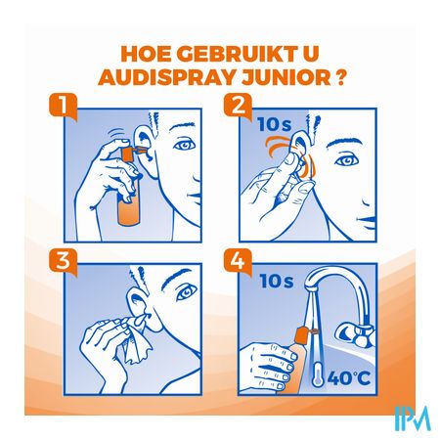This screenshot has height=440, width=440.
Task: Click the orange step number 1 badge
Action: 64,106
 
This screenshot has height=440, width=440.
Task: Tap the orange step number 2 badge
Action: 238,106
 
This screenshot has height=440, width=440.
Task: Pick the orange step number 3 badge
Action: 64,261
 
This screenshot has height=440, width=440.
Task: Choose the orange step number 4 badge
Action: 238,261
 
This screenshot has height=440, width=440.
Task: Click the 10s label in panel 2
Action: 274,124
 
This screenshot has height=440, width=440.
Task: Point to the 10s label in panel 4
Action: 277,281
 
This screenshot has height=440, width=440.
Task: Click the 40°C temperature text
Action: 348,377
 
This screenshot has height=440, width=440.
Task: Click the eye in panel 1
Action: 184,145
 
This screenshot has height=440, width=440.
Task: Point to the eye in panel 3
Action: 187,293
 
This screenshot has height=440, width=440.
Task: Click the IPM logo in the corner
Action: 413,418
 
